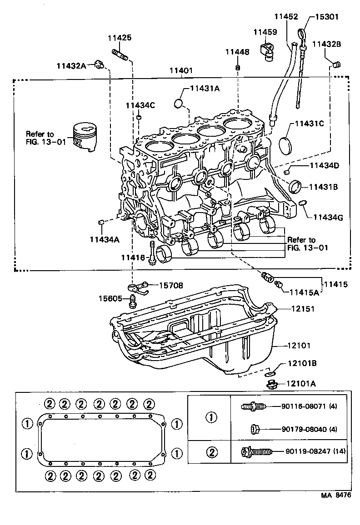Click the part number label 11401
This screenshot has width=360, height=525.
[181, 71]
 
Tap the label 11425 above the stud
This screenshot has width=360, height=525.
[120, 38]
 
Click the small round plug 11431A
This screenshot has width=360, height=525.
[179, 104]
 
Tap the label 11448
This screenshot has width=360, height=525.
[237, 52]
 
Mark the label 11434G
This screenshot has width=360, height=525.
[328, 217]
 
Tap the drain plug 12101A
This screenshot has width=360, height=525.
[272, 385]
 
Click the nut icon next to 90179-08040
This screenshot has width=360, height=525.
[255, 429]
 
